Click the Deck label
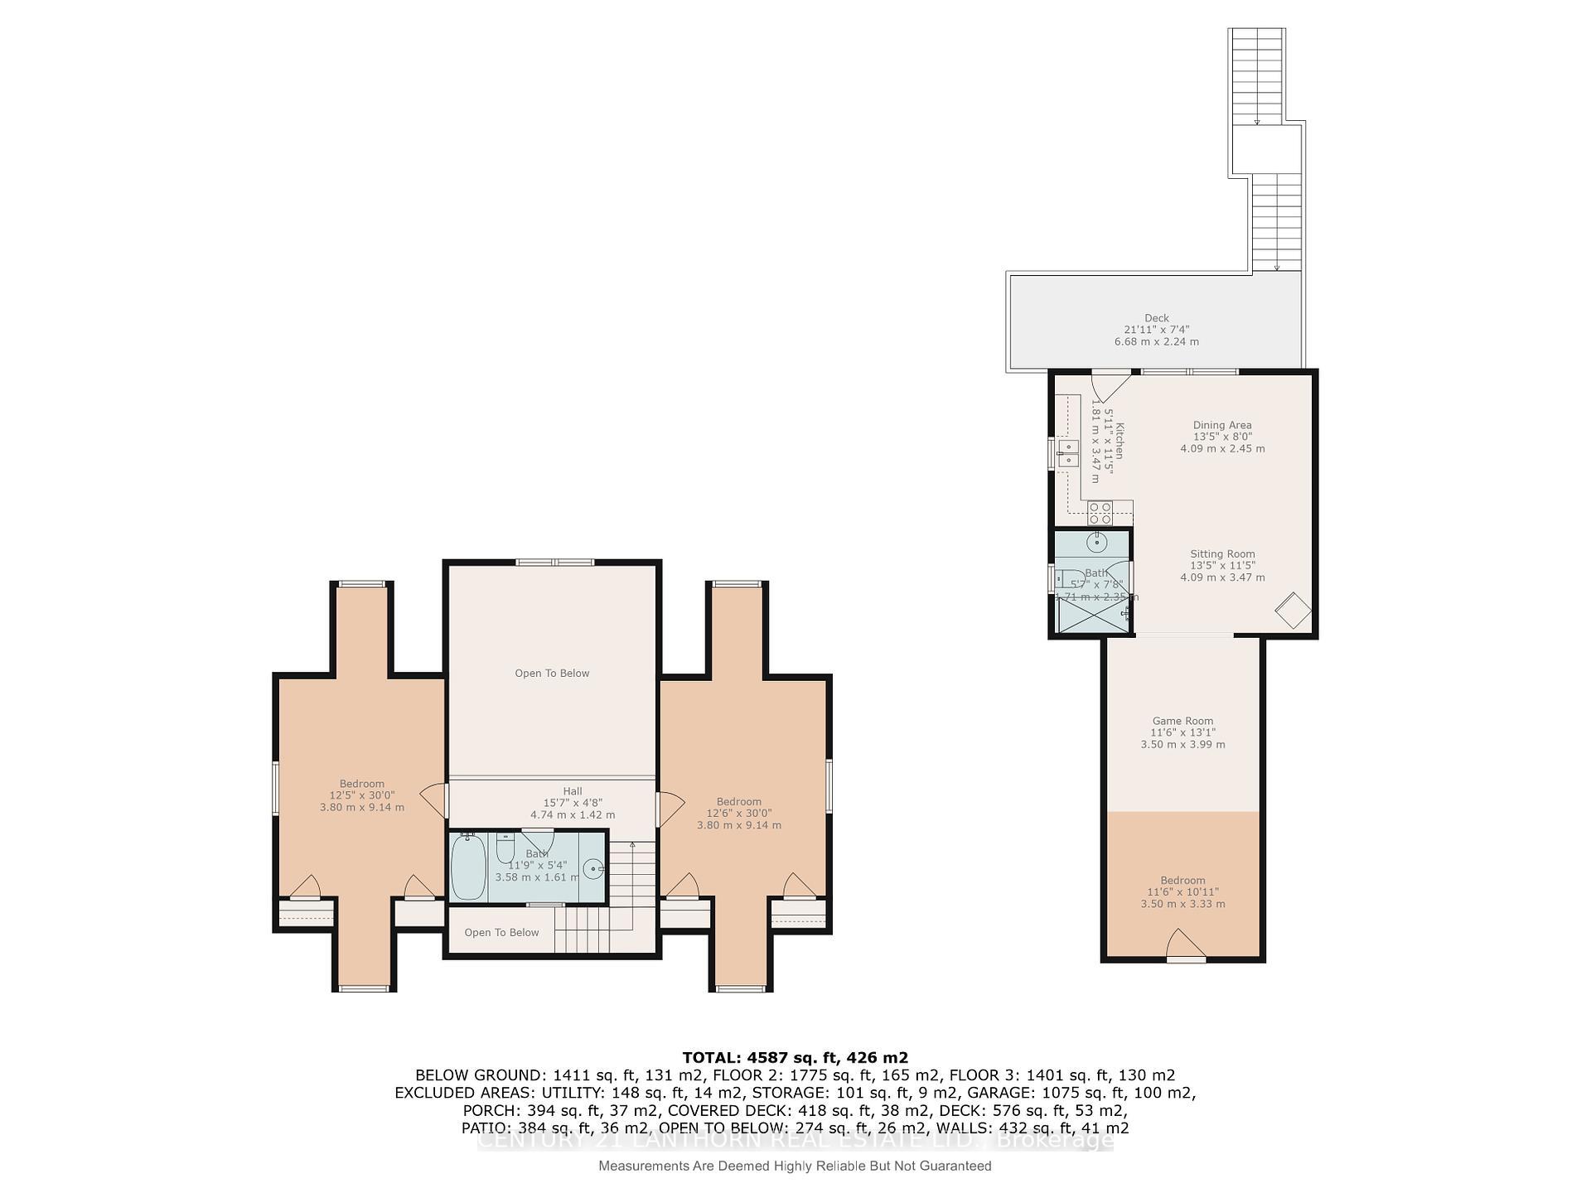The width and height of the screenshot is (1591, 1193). (1156, 318)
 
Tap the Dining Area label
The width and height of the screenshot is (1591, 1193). (1221, 425)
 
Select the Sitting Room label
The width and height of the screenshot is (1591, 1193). (1222, 554)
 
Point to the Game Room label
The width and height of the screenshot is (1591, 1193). (1182, 721)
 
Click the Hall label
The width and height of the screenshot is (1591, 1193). (572, 791)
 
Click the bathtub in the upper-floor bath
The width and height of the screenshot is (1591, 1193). (468, 867)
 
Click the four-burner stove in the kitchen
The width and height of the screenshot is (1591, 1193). (1100, 512)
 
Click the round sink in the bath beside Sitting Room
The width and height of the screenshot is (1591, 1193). (1096, 543)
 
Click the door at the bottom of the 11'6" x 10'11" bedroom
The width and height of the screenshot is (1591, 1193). (1185, 946)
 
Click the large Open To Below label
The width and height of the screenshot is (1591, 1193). (552, 674)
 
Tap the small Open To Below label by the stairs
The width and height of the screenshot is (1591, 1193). (501, 933)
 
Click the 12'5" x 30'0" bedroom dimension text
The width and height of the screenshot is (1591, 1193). (361, 795)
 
